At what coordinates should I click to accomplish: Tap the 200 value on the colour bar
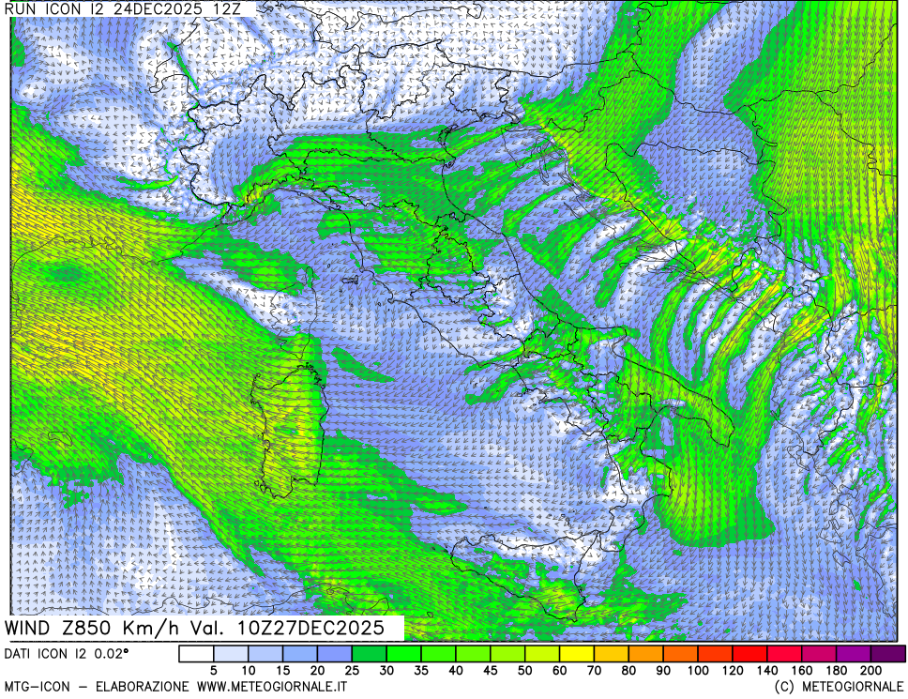coord(871,671)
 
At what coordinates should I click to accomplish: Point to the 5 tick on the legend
coord(214,671)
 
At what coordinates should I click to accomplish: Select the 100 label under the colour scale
coord(698,671)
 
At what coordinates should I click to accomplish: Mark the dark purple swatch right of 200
coord(888,654)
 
